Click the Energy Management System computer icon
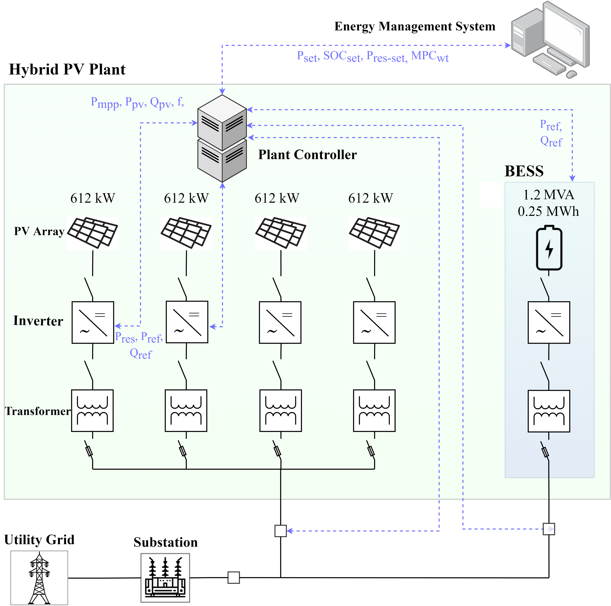pos(550,40)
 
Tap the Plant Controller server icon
pos(222,138)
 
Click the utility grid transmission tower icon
pos(39,578)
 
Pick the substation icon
pos(165,578)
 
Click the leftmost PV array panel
pos(93,233)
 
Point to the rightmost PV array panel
pos(374,233)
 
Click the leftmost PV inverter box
pos(93,322)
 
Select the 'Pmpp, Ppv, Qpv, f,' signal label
pos(137,103)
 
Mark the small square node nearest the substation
pos(234,577)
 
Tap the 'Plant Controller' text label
pos(307,155)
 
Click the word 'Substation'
pos(165,542)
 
